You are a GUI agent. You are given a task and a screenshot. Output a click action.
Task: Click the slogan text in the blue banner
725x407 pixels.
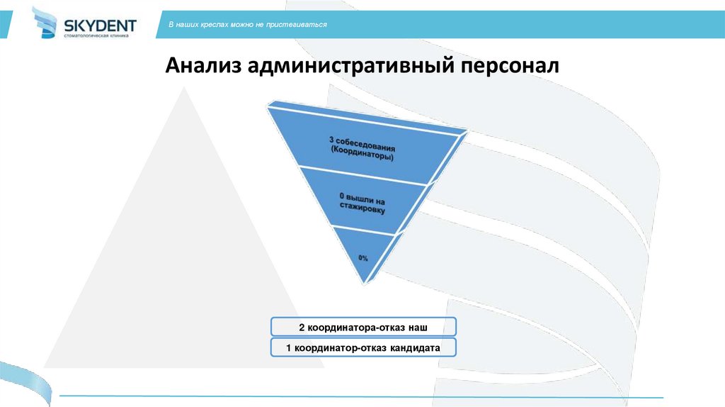coord(248,25)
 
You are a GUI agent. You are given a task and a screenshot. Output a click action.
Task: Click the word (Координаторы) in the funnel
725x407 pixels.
coord(362,157)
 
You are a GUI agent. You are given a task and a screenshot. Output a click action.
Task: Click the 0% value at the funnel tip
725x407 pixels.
coord(363,259)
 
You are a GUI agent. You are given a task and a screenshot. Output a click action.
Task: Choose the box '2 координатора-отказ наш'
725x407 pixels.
coord(363,327)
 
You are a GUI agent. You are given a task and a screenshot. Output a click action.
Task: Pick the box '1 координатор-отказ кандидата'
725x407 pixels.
coord(363,348)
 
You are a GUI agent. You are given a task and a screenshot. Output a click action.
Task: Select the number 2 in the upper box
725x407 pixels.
coord(301,327)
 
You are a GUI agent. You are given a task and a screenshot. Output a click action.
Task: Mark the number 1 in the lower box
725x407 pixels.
coord(288,348)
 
